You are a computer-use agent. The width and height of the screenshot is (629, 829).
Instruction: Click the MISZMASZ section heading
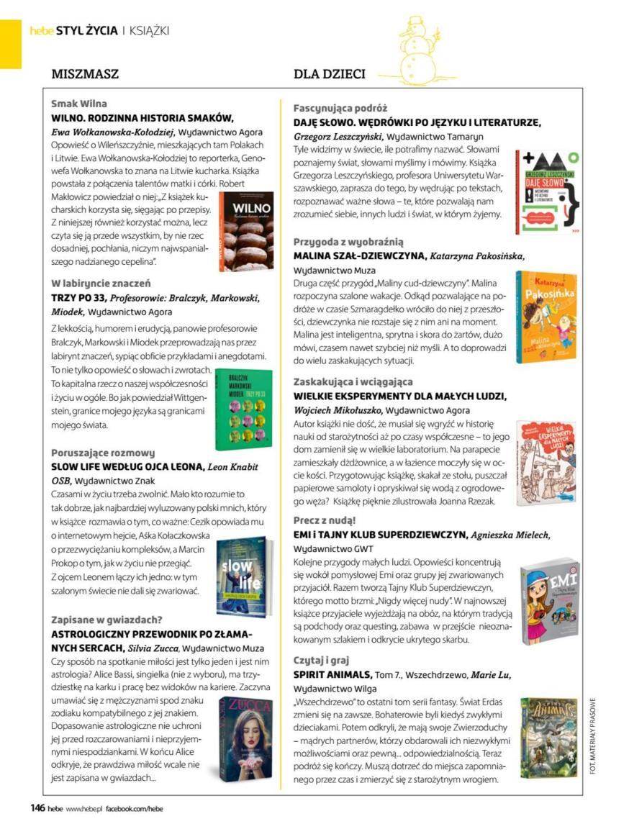[85, 74]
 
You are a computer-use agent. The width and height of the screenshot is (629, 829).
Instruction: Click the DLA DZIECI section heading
[329, 74]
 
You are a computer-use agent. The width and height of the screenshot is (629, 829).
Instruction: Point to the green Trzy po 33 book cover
[244, 409]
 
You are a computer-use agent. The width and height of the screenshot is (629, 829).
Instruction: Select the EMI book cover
[549, 602]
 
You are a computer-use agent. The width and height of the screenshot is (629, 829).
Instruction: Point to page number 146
[37, 808]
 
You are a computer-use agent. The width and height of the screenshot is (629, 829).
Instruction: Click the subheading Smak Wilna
[79, 104]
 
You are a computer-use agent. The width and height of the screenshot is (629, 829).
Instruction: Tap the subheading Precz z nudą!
[325, 520]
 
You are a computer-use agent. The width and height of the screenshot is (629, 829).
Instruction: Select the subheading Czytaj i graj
[322, 660]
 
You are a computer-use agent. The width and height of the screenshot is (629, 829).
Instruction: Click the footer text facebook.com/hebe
[135, 809]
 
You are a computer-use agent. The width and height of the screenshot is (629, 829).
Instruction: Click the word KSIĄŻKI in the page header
[149, 30]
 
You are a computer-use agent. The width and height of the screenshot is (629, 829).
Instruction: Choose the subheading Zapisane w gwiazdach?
[107, 619]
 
